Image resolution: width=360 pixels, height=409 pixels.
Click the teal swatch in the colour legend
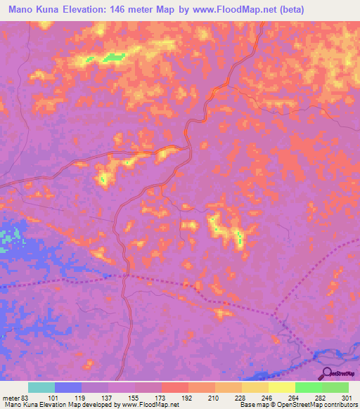tap(41, 387)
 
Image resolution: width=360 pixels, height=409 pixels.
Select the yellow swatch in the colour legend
tap(282, 387)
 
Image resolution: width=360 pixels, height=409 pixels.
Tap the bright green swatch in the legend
tap(309, 387)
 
